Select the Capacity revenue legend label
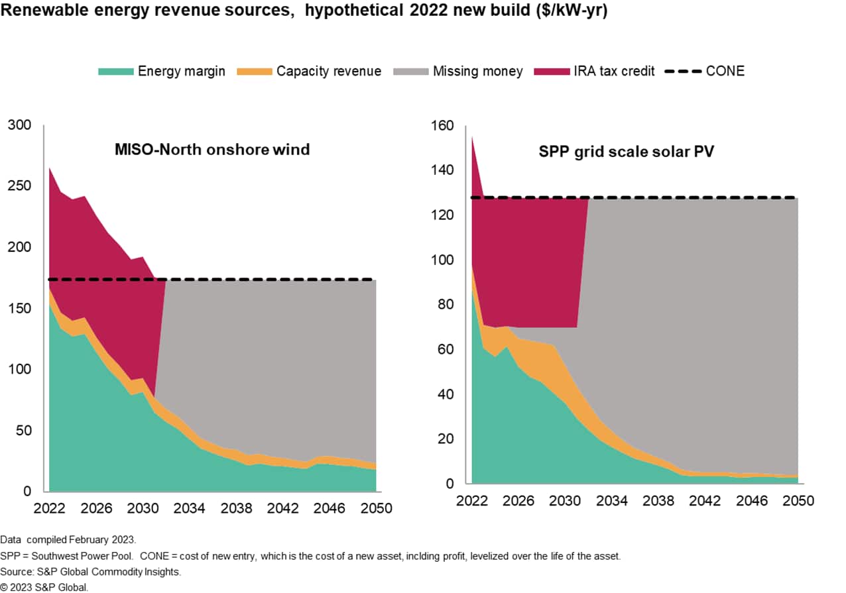329,71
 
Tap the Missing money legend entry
477,71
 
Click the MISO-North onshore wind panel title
212,150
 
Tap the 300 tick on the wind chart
20,125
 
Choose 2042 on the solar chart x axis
705,501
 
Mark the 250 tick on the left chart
20,186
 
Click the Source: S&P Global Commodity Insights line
90,571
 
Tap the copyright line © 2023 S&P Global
44,586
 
